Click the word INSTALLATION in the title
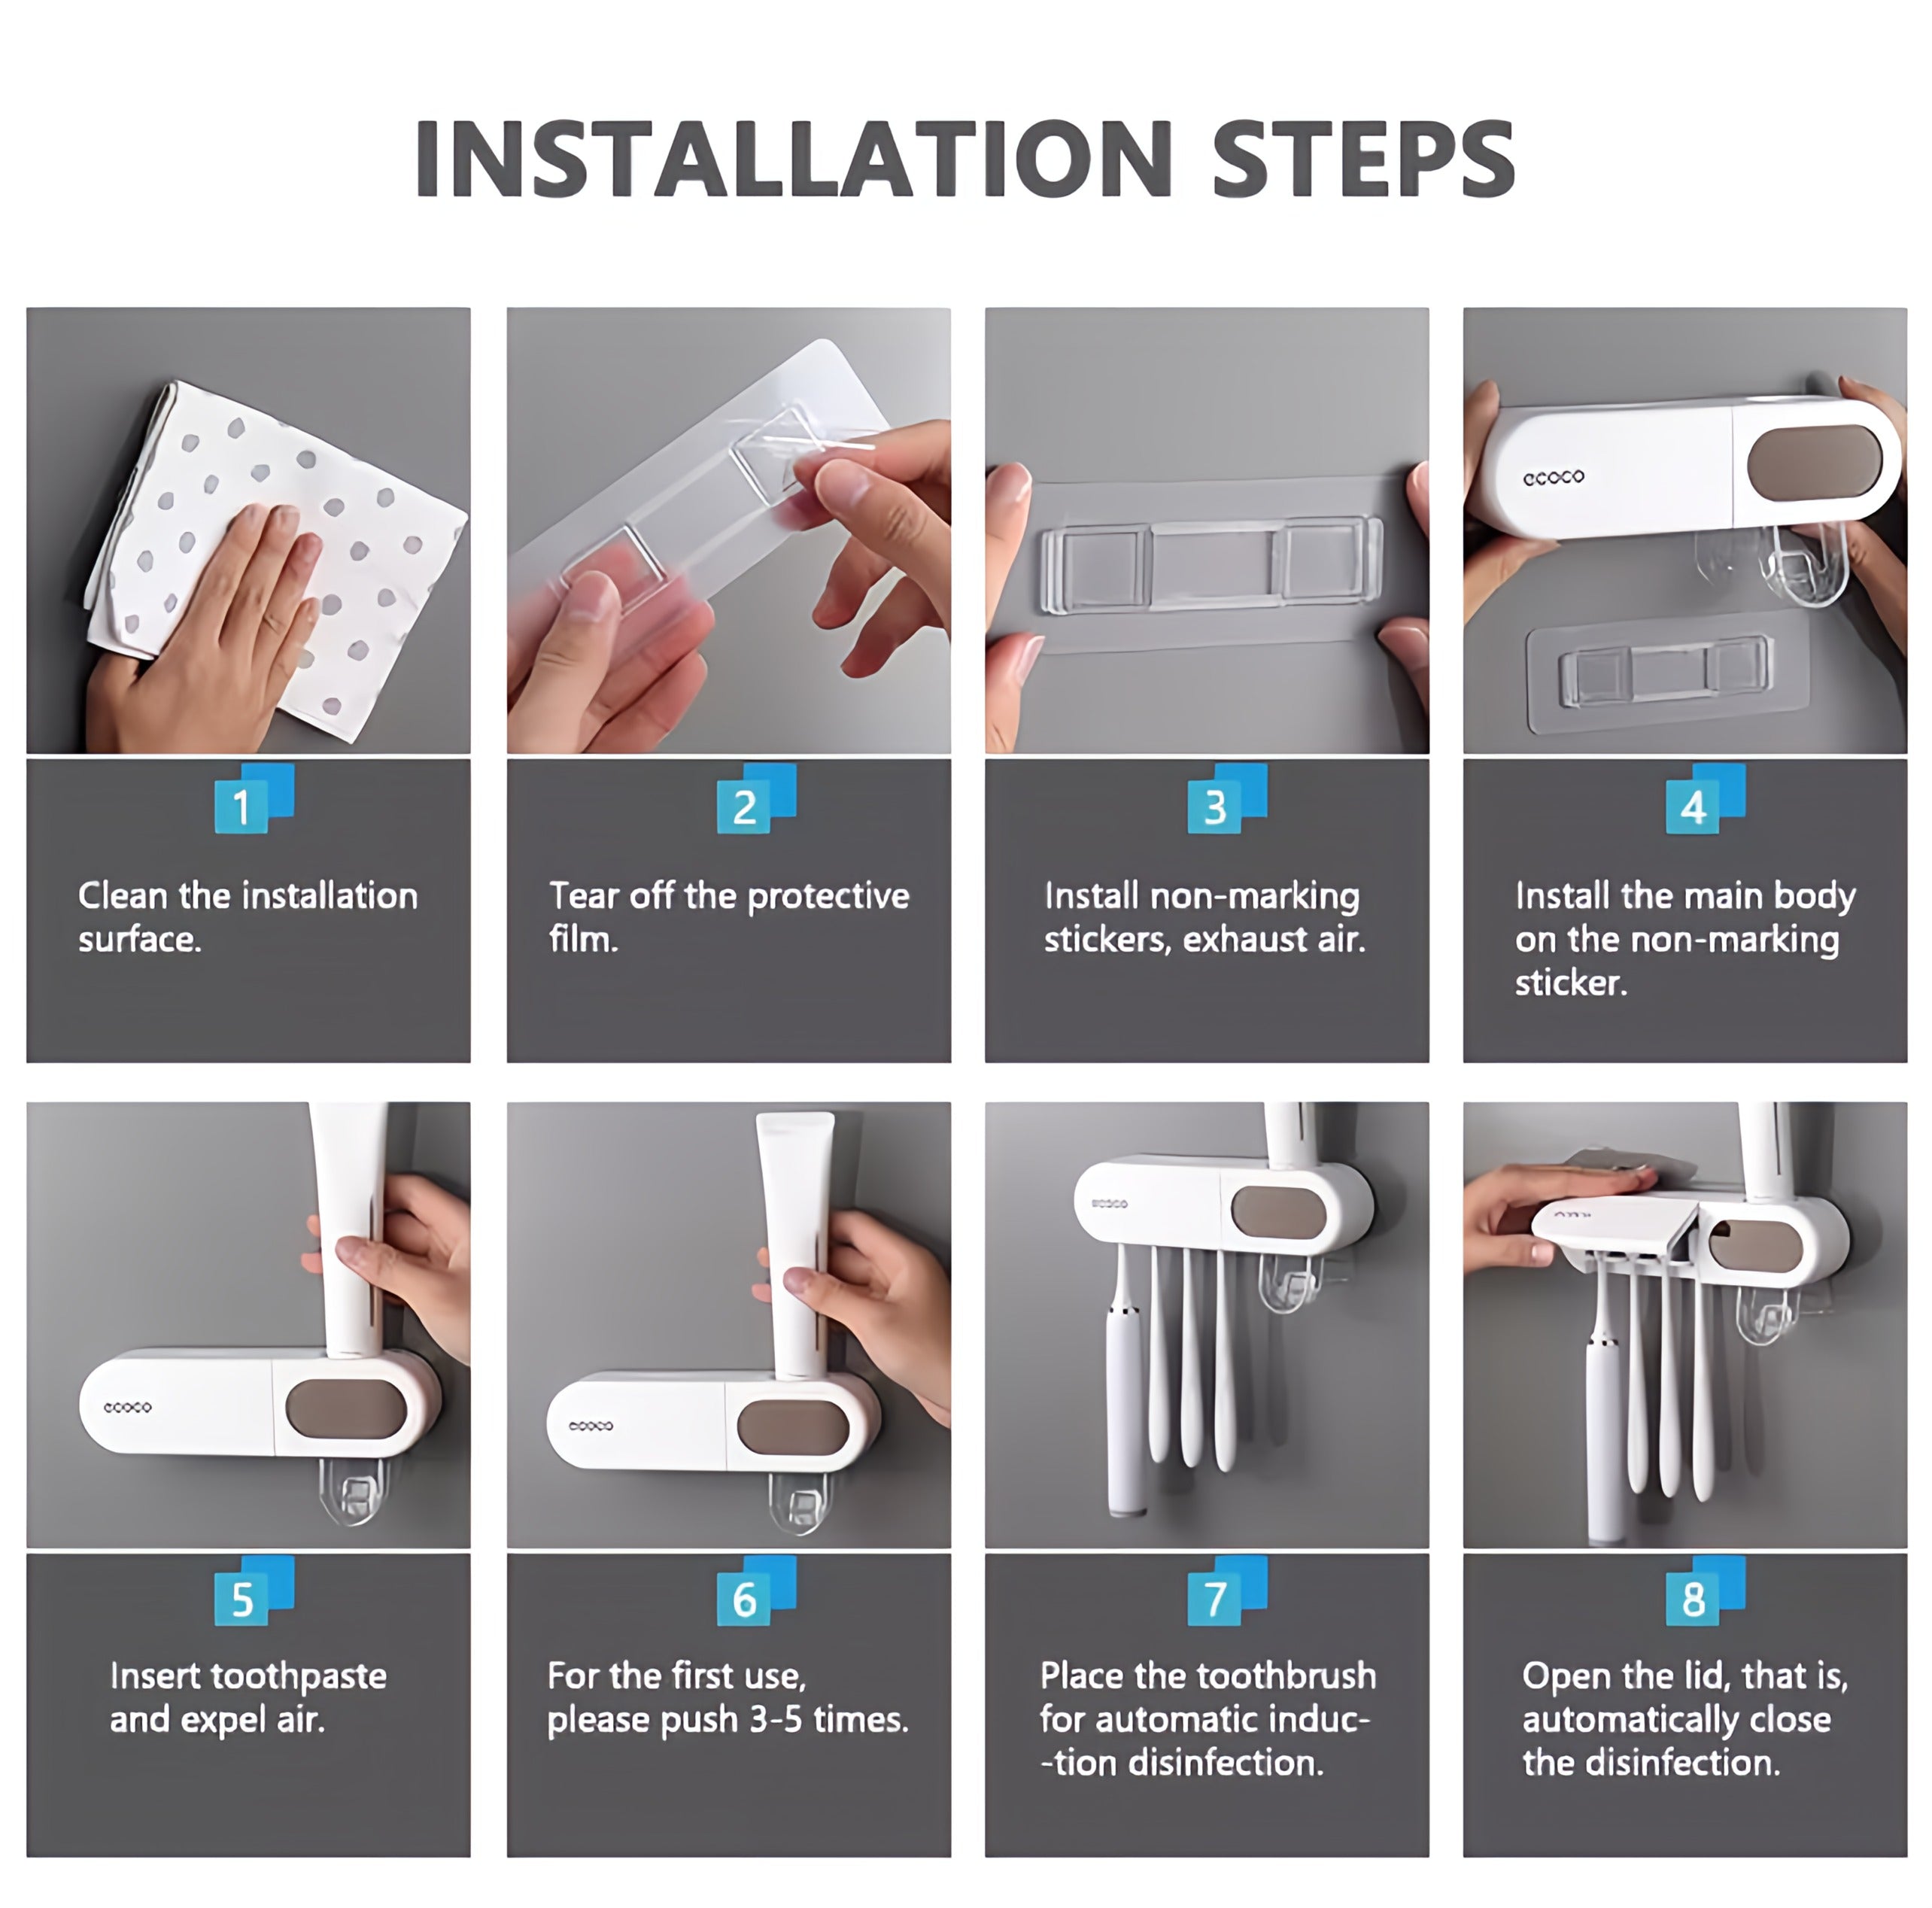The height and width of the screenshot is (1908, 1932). point(793,158)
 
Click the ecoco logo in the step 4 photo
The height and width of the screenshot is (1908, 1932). point(1553,477)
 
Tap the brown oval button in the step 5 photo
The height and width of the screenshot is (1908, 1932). point(346,1408)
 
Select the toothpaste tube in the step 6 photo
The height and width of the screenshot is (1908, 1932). point(795,1245)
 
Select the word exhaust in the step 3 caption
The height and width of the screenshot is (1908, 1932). point(1244,939)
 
